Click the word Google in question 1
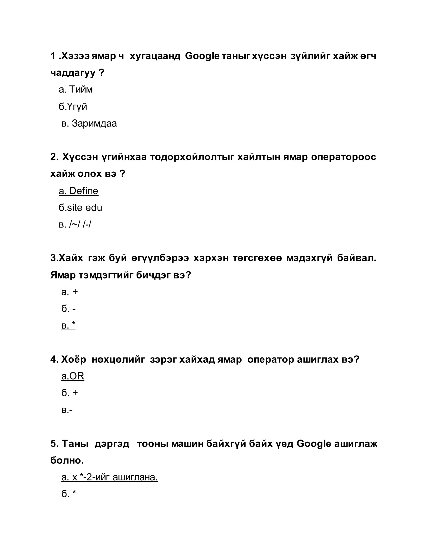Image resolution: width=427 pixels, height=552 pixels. (x=202, y=56)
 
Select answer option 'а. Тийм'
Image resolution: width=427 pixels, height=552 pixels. (x=75, y=90)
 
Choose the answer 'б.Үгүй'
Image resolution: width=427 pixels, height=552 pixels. (x=73, y=107)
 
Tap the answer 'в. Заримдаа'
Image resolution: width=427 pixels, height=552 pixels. (x=89, y=124)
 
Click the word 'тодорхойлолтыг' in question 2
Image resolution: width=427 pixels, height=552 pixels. (x=192, y=157)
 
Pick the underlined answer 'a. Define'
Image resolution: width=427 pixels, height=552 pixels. (x=78, y=191)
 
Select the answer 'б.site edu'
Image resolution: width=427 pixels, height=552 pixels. (x=80, y=208)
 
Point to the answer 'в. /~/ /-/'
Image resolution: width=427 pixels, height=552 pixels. (x=75, y=224)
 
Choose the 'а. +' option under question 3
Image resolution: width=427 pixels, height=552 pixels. (x=70, y=292)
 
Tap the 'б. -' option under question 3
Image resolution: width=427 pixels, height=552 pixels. (x=69, y=309)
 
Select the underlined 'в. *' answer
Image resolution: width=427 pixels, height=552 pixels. (x=68, y=326)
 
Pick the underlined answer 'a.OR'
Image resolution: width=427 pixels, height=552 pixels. (x=73, y=376)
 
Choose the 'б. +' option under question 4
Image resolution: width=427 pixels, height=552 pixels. (x=70, y=393)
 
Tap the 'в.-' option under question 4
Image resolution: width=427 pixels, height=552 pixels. (x=67, y=410)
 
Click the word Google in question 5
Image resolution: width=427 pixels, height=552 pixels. (x=313, y=443)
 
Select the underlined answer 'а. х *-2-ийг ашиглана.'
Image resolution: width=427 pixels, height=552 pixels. (x=109, y=477)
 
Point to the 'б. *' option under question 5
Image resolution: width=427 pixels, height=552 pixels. (x=69, y=494)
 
